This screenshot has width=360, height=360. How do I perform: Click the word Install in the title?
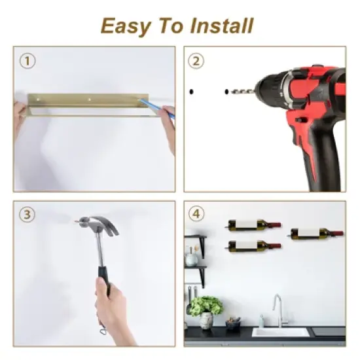tap(221, 26)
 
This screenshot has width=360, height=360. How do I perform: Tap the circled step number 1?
tap(26, 62)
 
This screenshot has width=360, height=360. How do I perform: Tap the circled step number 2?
tap(196, 62)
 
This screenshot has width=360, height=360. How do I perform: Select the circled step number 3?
tap(26, 214)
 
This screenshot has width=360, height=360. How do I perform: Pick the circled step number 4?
tap(196, 214)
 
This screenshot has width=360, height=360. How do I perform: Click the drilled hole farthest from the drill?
tap(192, 90)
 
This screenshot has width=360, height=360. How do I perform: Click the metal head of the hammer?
tap(98, 226)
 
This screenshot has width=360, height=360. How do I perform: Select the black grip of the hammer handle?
tap(103, 276)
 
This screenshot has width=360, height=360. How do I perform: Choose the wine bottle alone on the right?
tap(316, 232)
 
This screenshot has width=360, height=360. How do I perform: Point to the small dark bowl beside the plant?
tap(233, 323)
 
